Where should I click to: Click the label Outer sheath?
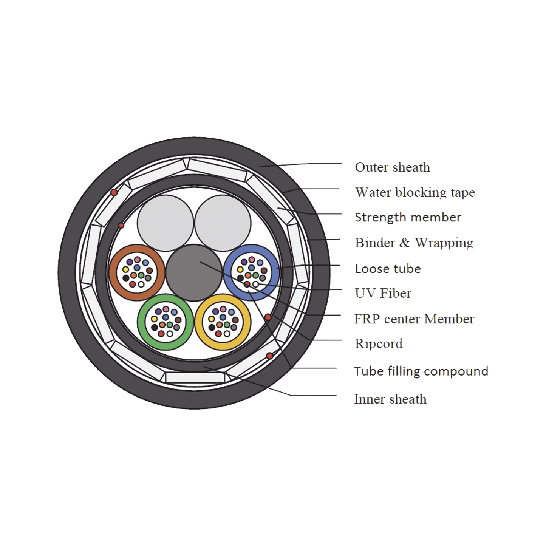(392, 167)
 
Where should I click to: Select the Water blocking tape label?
(415, 192)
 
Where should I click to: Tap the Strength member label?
(407, 217)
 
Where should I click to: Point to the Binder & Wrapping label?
(414, 243)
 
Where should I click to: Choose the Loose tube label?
(388, 269)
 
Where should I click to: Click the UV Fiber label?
(383, 293)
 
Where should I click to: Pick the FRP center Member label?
(414, 319)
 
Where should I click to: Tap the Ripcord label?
(378, 343)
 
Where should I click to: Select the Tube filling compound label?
(421, 371)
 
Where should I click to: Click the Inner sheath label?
(390, 399)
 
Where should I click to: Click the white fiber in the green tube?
(170, 334)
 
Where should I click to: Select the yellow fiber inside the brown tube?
(125, 269)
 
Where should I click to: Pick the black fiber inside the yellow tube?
(212, 327)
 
